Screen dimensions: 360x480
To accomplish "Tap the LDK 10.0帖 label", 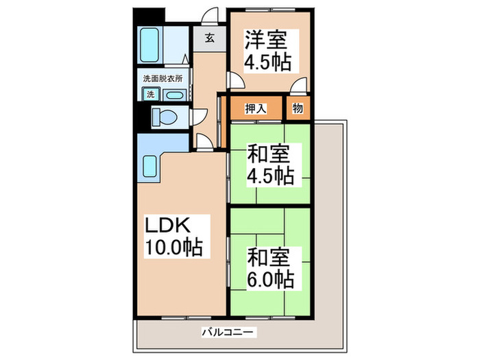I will tap(173, 236).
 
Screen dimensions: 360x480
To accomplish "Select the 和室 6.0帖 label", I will tap(271, 269).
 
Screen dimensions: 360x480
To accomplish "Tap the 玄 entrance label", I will tap(209, 38).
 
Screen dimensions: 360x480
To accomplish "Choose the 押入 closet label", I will tap(255, 108).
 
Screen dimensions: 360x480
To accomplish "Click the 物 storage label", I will tap(298, 108).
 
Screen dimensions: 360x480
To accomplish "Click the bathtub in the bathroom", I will tap(149, 45).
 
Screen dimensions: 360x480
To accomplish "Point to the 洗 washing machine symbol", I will tap(151, 95).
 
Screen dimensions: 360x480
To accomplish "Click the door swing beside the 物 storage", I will tap(299, 87).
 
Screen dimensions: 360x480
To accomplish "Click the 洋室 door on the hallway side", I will tap(235, 81).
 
